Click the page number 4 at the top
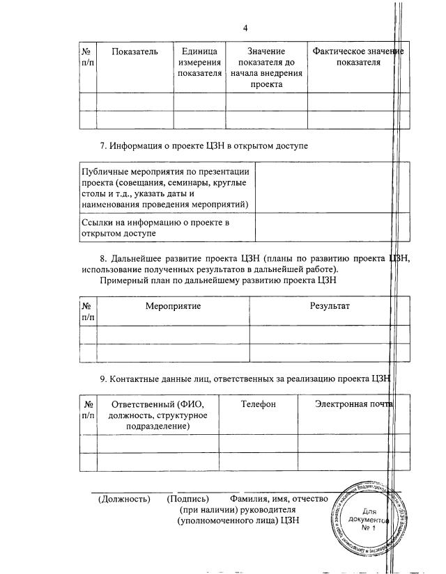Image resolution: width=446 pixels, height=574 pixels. (x=245, y=28)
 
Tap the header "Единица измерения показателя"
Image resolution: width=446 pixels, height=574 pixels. (x=199, y=62)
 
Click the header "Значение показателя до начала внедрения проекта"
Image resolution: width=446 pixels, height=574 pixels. (x=266, y=67)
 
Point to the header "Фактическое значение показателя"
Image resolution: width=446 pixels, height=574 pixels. (x=357, y=57)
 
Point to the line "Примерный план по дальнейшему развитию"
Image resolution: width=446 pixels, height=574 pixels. (x=218, y=281)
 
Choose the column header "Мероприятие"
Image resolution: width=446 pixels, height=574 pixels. (x=173, y=306)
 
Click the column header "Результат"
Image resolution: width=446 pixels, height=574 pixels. (x=330, y=306)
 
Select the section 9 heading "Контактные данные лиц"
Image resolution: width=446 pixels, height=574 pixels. (x=245, y=378)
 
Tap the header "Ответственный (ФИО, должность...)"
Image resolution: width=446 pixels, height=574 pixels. (x=159, y=415)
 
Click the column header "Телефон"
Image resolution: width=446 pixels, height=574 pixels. (x=259, y=404)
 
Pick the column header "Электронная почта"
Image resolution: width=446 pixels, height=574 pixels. (x=353, y=404)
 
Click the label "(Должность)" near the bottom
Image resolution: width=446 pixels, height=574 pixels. (x=124, y=499)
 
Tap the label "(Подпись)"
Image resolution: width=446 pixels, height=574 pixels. (x=188, y=499)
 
